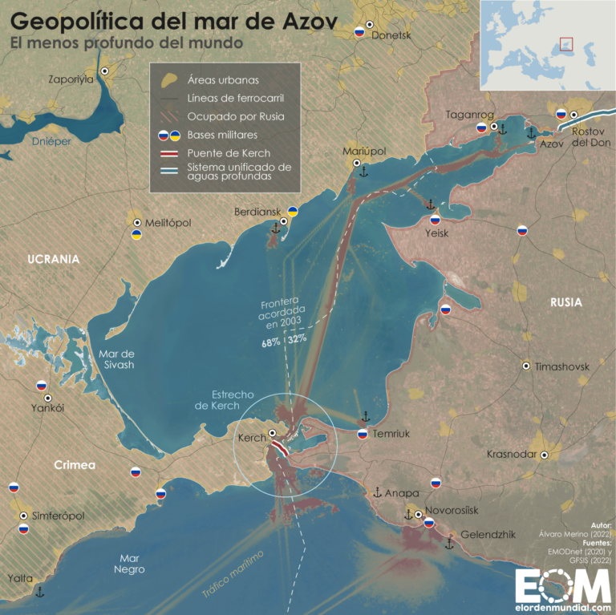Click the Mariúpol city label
(x=364, y=152)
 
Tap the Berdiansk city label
(x=254, y=212)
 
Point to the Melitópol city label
(x=168, y=222)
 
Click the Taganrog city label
(x=471, y=115)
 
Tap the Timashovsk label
(x=562, y=366)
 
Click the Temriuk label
(x=391, y=434)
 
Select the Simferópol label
(x=59, y=516)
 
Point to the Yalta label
(x=20, y=577)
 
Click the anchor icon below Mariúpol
(x=363, y=171)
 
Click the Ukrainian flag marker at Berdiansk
(x=294, y=212)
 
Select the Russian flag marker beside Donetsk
(x=360, y=34)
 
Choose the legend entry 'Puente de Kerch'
(x=229, y=152)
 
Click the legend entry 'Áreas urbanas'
(x=223, y=80)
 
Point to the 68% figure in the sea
(x=269, y=342)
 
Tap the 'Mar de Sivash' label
(x=116, y=359)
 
